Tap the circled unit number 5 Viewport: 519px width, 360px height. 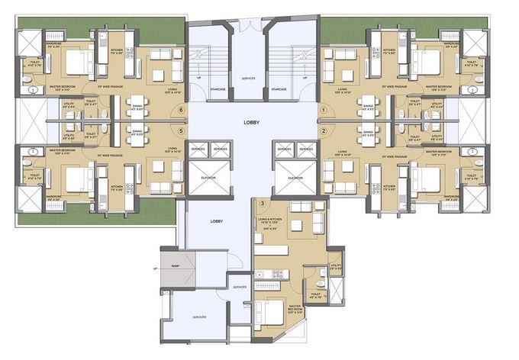pos(181,131)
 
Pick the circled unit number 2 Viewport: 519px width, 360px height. pos(323,131)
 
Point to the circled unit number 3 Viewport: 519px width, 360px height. pos(263,204)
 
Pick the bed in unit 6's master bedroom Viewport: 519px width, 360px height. pos(76,61)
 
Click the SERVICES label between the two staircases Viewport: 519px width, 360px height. pos(248,78)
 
